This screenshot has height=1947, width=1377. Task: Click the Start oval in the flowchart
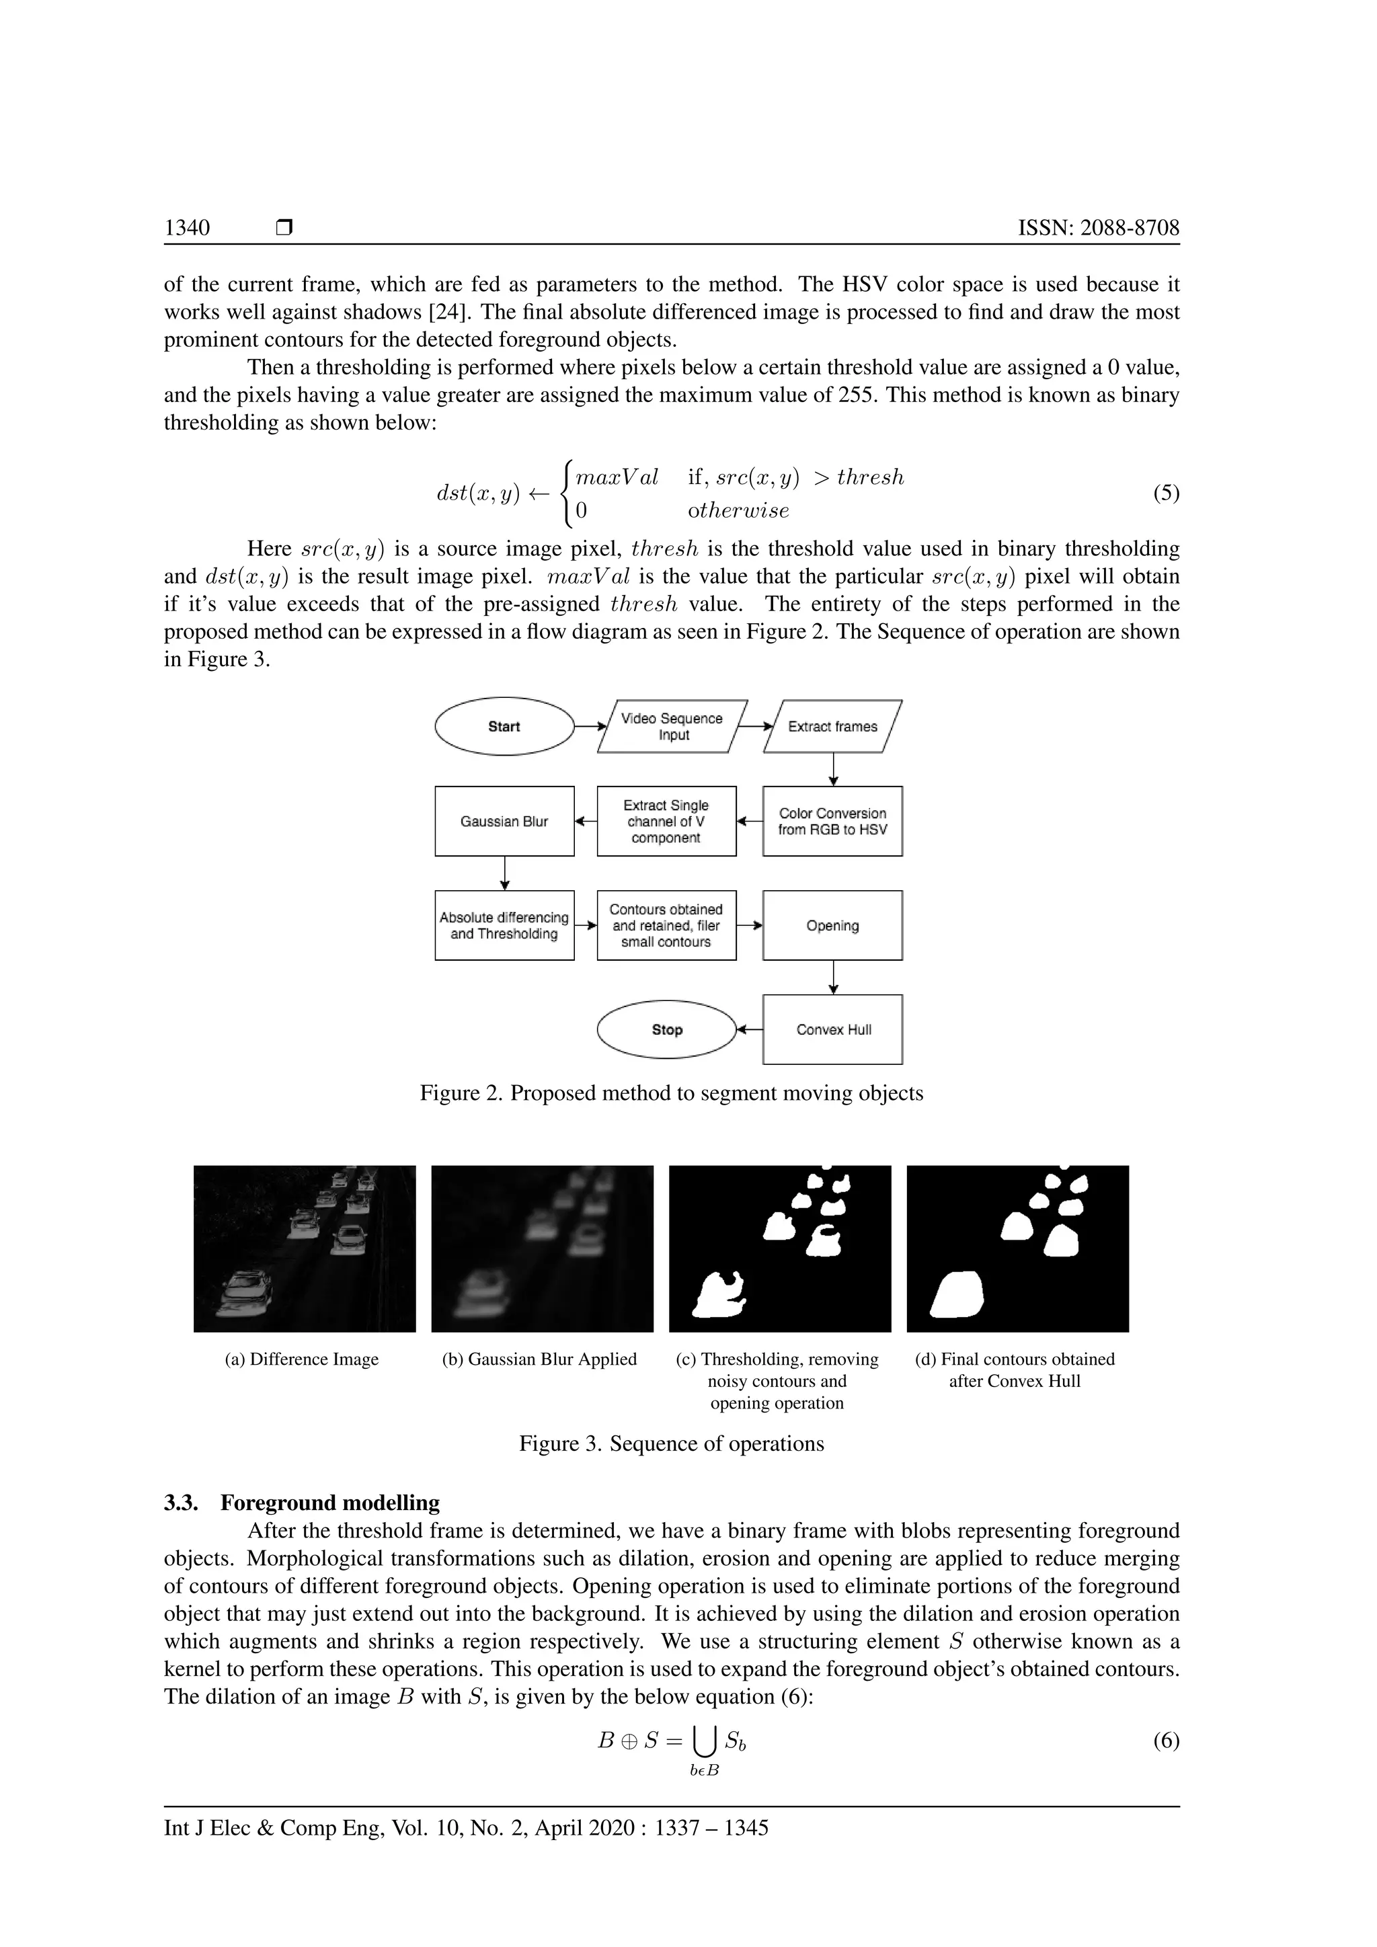pyautogui.click(x=504, y=726)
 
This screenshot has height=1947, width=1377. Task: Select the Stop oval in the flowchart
pyautogui.click(x=666, y=1029)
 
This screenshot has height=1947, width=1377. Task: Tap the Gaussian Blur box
pyautogui.click(x=504, y=821)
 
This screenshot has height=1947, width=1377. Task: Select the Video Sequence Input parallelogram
pyautogui.click(x=672, y=726)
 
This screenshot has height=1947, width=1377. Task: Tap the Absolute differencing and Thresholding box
pyautogui.click(x=504, y=925)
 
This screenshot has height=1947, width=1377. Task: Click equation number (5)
pyautogui.click(x=1166, y=493)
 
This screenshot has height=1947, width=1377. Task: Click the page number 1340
pyautogui.click(x=188, y=227)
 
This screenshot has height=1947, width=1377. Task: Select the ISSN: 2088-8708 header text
pyautogui.click(x=1098, y=227)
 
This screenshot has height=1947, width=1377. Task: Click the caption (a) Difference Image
pyautogui.click(x=302, y=1359)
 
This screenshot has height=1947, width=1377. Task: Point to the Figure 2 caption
pyautogui.click(x=672, y=1093)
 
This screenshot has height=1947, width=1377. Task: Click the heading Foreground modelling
pyautogui.click(x=330, y=1503)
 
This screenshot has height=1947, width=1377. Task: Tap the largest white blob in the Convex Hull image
pyautogui.click(x=958, y=1295)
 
